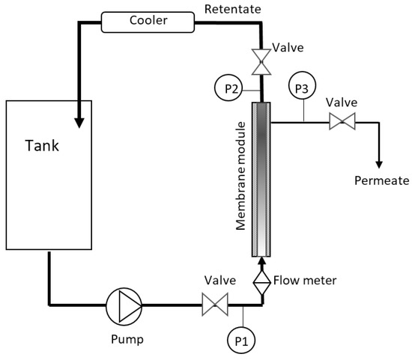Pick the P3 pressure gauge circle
click(302, 89)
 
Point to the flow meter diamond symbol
click(262, 282)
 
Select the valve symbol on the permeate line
click(342, 122)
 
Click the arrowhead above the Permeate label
click(379, 162)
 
